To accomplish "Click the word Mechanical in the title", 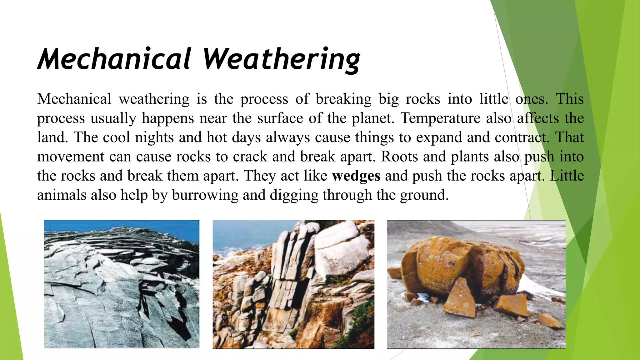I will coord(114,59).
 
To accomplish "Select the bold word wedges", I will coord(356,176).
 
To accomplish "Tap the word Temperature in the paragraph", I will coord(441,118).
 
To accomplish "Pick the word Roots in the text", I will coord(399,157).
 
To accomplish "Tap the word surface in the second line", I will coord(280,118).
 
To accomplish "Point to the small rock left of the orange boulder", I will coord(395,272).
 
